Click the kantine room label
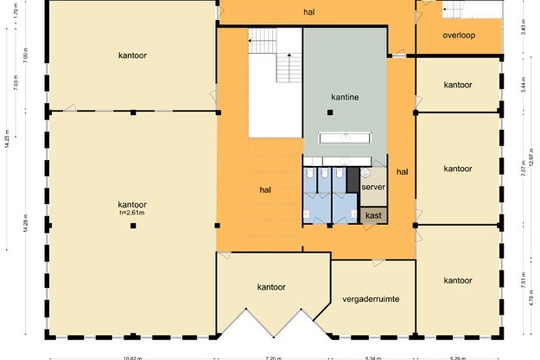click(345, 98)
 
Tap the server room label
click(373, 187)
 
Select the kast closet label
click(374, 216)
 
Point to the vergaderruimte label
click(371, 299)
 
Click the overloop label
click(458, 35)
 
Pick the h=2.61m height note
click(132, 213)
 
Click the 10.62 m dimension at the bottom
click(132, 358)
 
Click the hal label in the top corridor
click(309, 12)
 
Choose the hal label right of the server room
click(402, 170)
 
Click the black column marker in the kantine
click(331, 112)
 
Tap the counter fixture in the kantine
click(344, 136)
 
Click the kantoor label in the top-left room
click(132, 55)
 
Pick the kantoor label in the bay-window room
click(271, 287)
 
